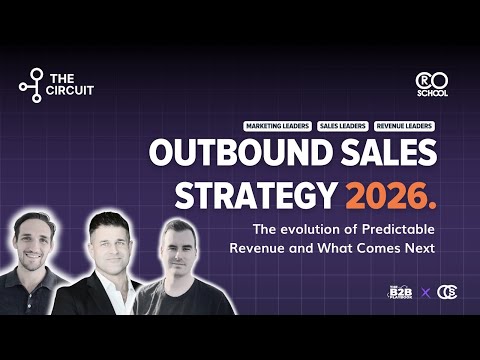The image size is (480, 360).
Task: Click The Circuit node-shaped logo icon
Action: tap(32, 85)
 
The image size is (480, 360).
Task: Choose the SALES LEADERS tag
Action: tap(342, 127)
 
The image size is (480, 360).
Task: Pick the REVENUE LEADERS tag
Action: tap(405, 127)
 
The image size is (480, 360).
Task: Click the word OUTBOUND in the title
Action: tap(221, 154)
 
